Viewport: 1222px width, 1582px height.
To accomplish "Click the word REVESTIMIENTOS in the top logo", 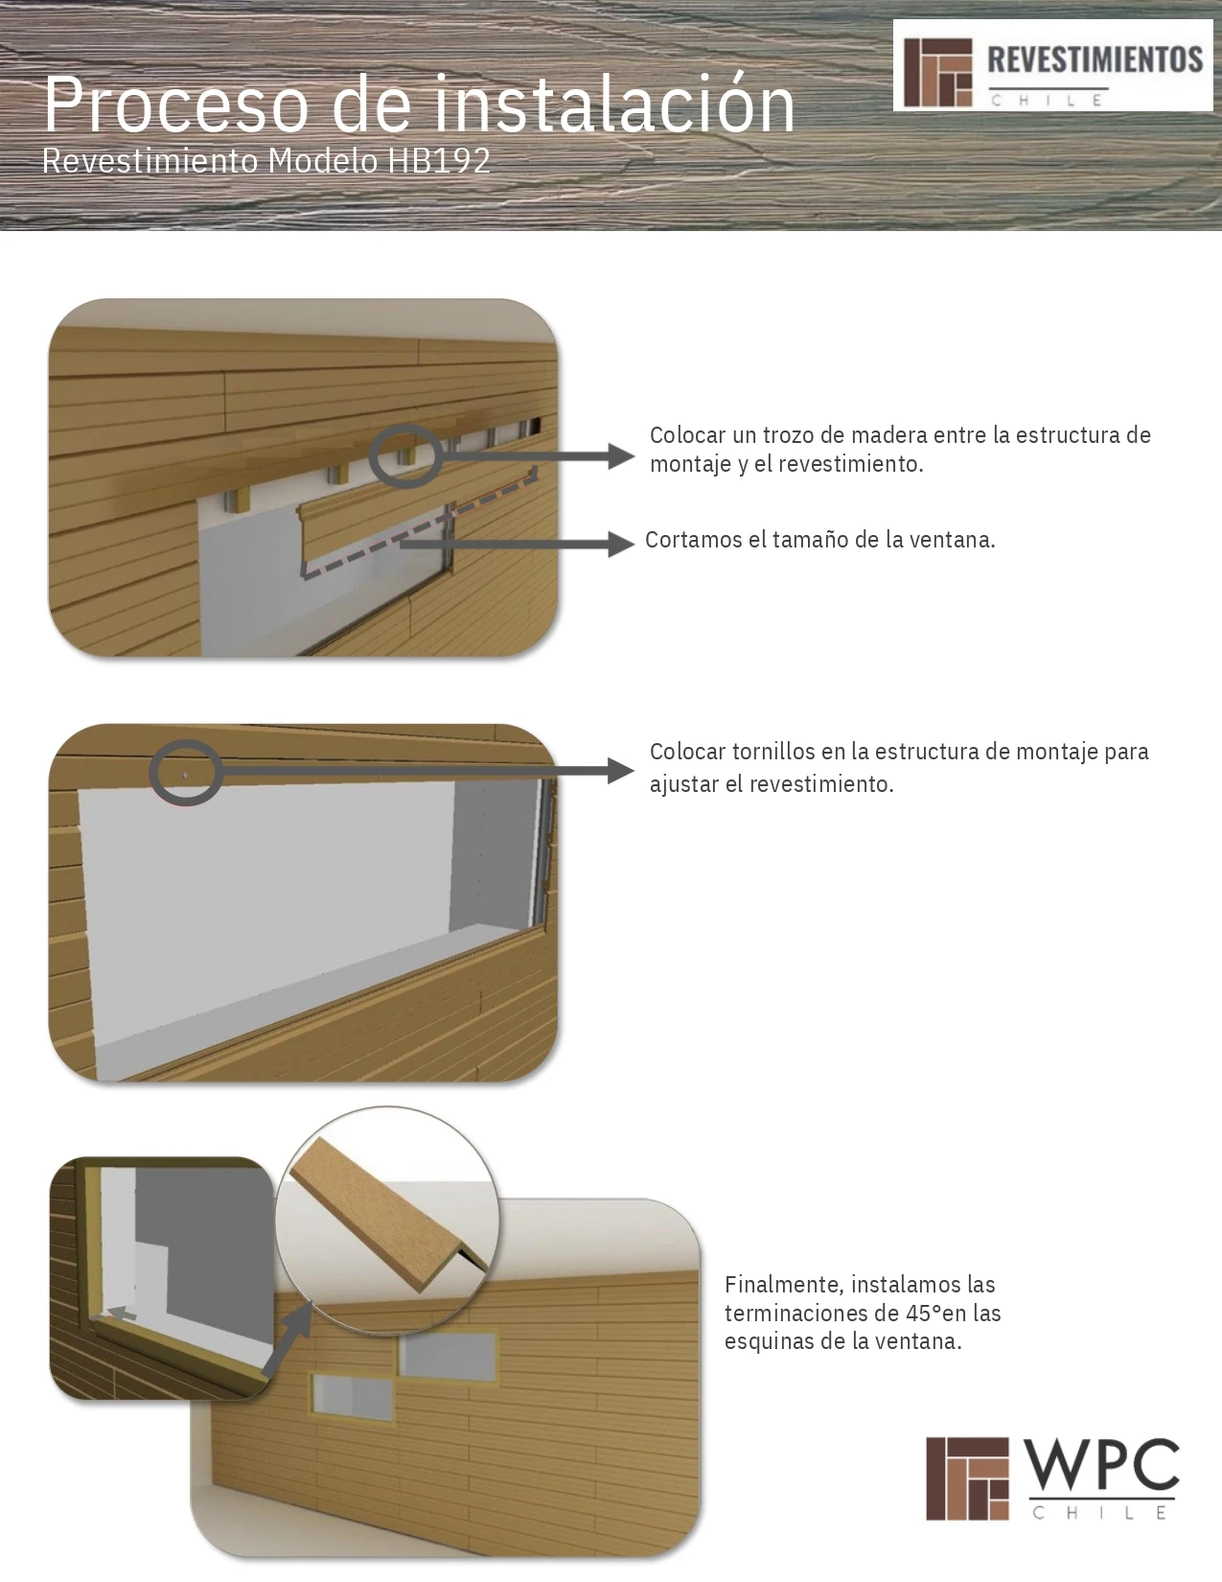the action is pos(1095,59).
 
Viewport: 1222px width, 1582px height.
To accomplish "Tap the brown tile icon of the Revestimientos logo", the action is pos(937,72).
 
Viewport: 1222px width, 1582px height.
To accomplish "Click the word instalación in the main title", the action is pos(614,105).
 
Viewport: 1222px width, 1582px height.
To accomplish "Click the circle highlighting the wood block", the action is pos(405,456).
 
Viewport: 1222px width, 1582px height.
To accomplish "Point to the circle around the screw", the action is pos(186,773).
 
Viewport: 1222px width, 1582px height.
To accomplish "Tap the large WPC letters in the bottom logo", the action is pos(1101,1466).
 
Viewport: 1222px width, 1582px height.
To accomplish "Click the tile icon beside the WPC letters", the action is pos(967,1478).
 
